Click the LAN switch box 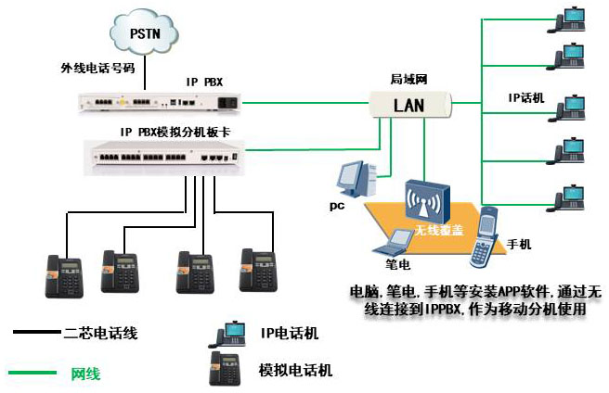coord(408,104)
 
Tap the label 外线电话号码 coord(99,69)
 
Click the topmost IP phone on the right coord(568,19)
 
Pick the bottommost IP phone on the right coord(568,197)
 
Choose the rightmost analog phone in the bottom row coord(258,269)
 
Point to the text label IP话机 coord(526,96)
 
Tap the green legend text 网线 coord(85,374)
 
